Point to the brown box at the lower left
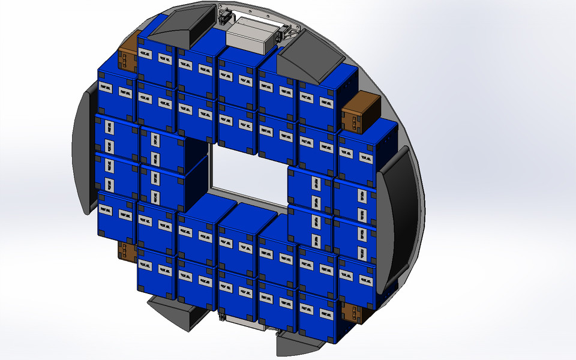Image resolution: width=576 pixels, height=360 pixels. (127, 251)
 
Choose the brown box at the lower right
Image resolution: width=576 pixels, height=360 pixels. (353, 313)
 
